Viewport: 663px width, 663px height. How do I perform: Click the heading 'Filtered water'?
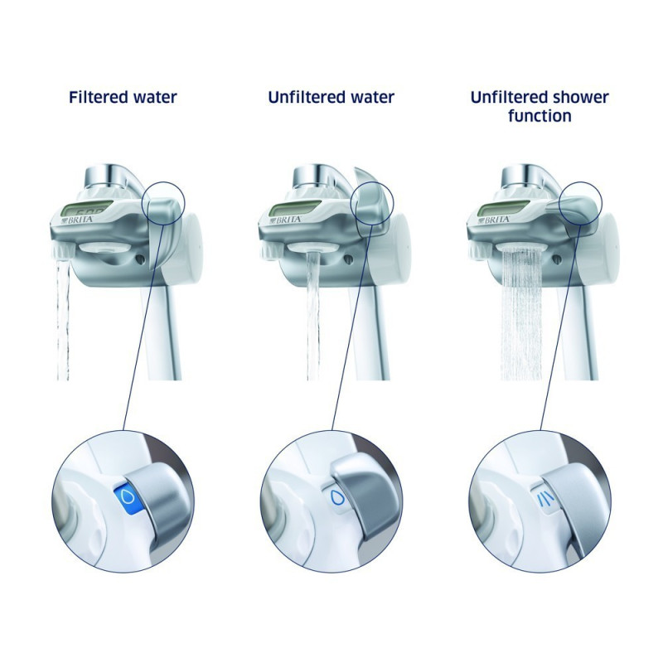[122, 97]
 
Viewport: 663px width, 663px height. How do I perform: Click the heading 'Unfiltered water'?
[331, 97]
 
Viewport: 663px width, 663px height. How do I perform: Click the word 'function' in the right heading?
[540, 116]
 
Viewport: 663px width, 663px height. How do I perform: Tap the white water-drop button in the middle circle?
[335, 497]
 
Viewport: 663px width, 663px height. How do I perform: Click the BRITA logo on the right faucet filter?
[496, 220]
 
